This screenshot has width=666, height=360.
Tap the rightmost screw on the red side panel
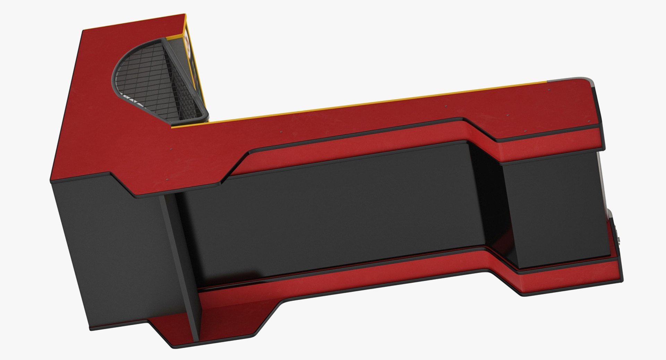click(x=549, y=90)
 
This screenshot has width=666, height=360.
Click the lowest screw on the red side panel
click(x=168, y=180)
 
